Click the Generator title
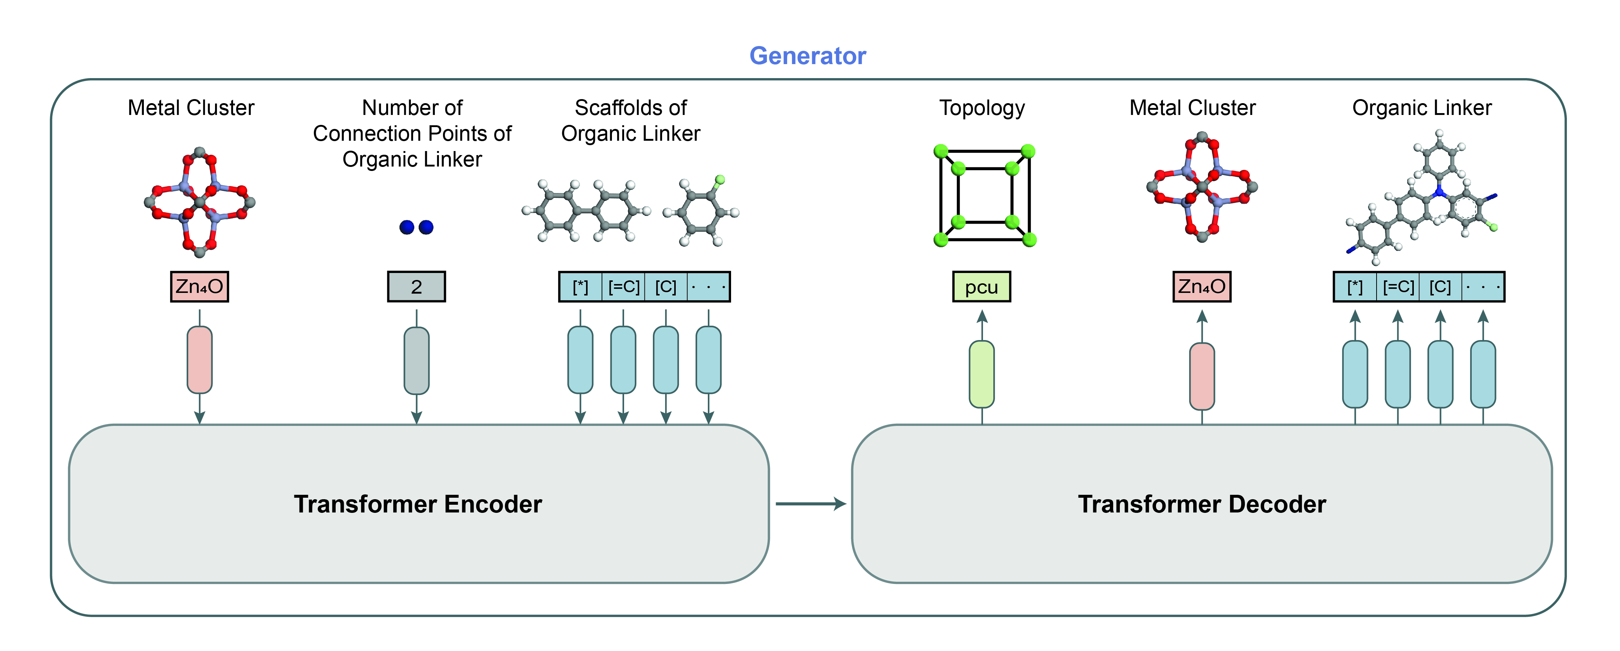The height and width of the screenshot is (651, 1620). point(807,56)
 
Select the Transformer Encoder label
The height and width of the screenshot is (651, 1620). point(418,504)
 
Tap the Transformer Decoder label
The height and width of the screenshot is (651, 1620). point(1202,504)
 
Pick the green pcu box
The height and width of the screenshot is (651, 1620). point(981,287)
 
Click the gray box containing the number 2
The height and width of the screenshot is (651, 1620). point(416,287)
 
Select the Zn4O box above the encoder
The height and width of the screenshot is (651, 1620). point(199,287)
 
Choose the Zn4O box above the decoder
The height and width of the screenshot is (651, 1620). point(1202,287)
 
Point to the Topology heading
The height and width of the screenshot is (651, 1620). point(982,108)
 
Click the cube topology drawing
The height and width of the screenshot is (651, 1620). point(985,195)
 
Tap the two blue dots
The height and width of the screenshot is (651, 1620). point(416,227)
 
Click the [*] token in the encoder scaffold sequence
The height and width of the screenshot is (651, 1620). point(581,287)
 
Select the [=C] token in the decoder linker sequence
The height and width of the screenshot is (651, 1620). point(1398,287)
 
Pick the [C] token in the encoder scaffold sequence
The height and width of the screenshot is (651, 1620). point(666,287)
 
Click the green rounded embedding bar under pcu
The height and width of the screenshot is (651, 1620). point(982,375)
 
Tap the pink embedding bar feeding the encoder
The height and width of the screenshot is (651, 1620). point(199,360)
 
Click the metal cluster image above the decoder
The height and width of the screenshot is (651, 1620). point(1202,187)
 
